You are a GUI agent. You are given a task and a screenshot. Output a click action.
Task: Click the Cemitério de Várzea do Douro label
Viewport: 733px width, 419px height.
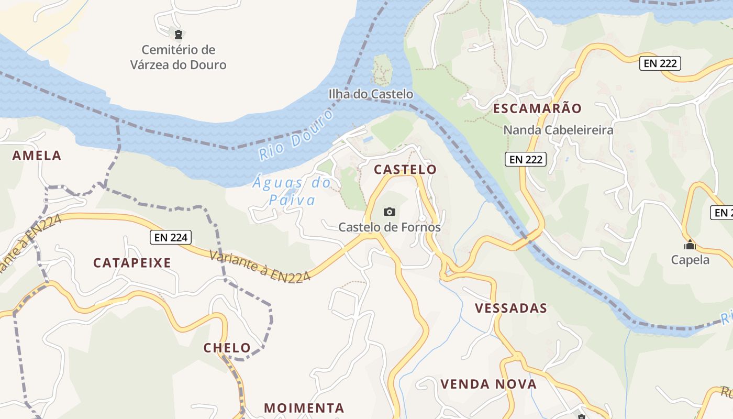click(179, 58)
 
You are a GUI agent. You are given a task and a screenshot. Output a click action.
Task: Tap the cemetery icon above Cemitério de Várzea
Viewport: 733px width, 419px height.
click(179, 35)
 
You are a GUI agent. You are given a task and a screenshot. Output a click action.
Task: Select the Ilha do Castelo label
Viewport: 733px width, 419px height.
click(371, 94)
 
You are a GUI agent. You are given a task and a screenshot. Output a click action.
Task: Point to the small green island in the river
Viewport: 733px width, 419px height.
click(382, 69)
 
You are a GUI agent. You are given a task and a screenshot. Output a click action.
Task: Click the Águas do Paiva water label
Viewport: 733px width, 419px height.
click(292, 191)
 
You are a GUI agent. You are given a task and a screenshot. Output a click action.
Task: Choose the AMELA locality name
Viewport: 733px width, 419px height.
click(37, 156)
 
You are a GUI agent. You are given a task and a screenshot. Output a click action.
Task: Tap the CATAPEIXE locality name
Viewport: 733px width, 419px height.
click(132, 263)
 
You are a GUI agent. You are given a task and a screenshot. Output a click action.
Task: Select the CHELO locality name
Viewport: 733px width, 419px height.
click(227, 348)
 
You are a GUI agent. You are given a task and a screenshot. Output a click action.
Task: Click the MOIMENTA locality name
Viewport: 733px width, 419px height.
click(304, 408)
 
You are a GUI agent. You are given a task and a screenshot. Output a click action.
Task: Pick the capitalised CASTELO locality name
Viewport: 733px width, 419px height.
click(405, 170)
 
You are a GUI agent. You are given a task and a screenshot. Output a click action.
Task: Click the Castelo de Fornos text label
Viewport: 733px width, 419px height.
click(390, 227)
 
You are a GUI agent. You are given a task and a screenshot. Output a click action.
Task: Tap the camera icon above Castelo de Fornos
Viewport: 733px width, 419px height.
click(389, 212)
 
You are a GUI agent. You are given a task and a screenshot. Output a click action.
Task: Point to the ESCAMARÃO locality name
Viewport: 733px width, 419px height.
click(537, 108)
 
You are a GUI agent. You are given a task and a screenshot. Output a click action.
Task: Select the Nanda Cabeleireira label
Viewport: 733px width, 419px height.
click(558, 130)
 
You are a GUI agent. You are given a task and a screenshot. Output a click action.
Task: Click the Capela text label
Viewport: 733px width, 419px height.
click(690, 260)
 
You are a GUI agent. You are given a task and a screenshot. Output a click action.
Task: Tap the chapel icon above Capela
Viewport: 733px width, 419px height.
click(690, 245)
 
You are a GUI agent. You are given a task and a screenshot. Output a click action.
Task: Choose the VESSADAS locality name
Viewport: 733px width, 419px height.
click(510, 308)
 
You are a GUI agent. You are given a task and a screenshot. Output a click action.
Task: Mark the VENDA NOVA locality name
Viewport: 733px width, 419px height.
click(488, 384)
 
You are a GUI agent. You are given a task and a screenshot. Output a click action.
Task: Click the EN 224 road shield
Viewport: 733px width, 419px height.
click(171, 237)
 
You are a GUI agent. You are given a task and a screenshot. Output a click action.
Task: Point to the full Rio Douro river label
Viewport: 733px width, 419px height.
click(296, 135)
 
